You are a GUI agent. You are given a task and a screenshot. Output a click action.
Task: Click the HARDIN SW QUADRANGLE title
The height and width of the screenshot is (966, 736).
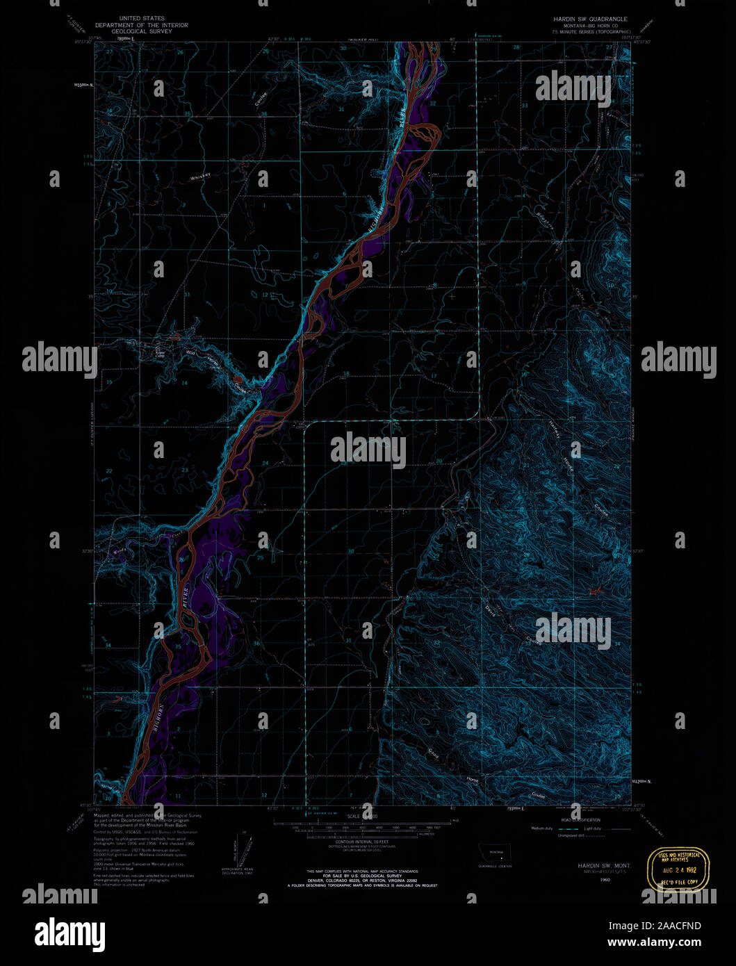point(585,19)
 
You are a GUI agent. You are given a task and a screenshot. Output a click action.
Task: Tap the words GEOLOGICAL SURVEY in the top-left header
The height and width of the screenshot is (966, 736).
point(141,31)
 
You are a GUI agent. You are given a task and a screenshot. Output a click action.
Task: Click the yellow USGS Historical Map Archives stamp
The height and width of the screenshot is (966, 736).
point(679,869)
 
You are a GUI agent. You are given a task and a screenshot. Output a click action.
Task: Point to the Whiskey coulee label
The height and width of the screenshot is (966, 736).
point(200,178)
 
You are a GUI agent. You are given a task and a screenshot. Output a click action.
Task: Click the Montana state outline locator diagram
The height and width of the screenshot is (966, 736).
point(496,853)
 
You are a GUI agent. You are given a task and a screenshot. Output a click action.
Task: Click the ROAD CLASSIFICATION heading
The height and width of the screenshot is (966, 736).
point(576,820)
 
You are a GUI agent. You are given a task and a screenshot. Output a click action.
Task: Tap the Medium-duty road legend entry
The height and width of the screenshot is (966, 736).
point(543,828)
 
